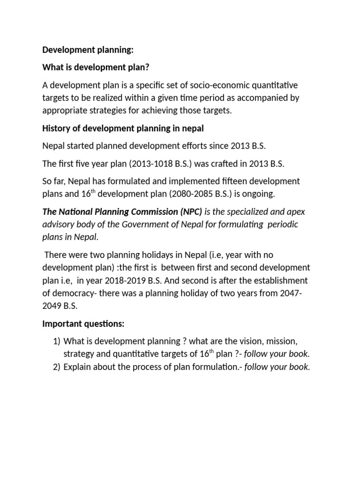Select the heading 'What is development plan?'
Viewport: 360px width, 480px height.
click(96, 67)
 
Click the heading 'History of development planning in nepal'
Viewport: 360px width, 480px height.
click(123, 128)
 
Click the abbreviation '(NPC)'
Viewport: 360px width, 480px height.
click(187, 212)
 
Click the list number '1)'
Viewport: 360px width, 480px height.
click(56, 341)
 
